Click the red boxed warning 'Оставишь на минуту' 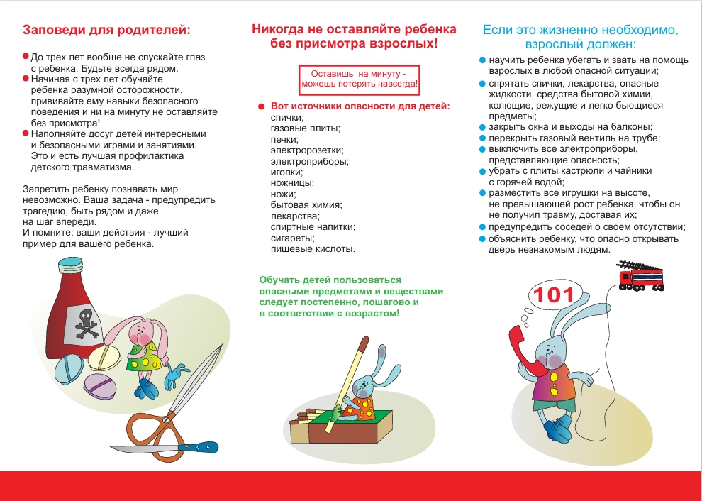[360, 79]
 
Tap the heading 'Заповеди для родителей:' [106, 31]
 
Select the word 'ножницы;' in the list [291, 182]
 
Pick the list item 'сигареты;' [291, 238]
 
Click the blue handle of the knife [202, 448]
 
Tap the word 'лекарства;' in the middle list [295, 216]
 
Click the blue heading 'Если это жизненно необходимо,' [580, 30]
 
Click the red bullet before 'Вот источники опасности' [262, 107]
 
